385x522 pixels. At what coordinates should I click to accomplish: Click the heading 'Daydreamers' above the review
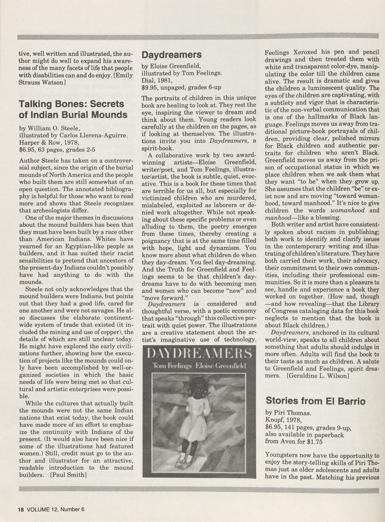tap(171, 55)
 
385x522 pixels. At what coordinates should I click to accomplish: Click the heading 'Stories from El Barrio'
tap(316, 400)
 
